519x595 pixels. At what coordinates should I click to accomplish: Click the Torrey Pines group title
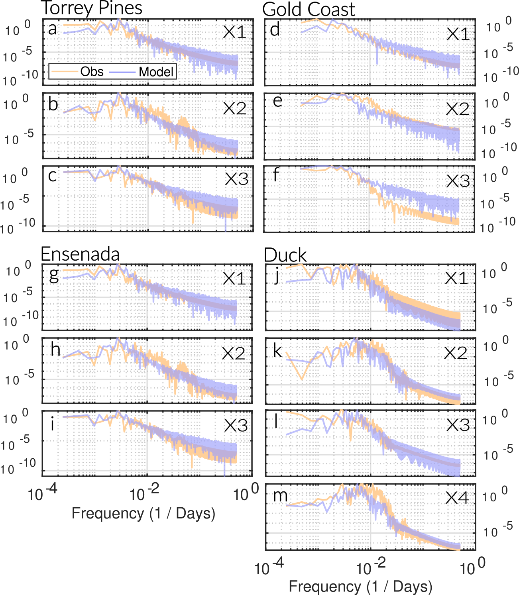(92, 8)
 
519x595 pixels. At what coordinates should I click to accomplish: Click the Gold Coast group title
(309, 9)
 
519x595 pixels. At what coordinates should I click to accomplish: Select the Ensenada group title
(80, 254)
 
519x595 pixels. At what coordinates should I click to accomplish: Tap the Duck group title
(285, 255)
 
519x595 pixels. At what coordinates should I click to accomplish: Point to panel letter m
(280, 496)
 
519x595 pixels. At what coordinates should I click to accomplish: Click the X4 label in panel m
(457, 497)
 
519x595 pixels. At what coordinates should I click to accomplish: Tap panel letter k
(277, 351)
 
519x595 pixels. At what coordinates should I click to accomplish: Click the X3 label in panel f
(458, 181)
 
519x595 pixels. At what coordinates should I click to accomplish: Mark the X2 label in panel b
(234, 108)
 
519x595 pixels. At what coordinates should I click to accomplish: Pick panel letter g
(54, 275)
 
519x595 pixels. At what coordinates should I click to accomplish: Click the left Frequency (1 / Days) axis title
(144, 513)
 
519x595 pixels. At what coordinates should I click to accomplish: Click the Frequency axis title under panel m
(361, 587)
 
